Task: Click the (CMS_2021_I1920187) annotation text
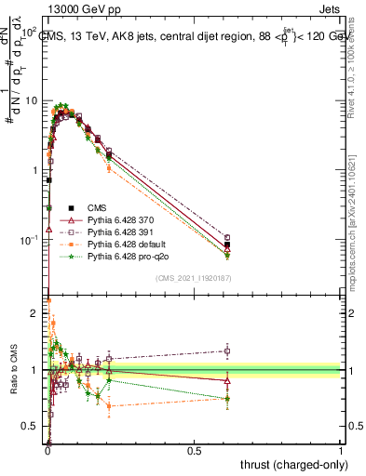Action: click(x=195, y=278)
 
